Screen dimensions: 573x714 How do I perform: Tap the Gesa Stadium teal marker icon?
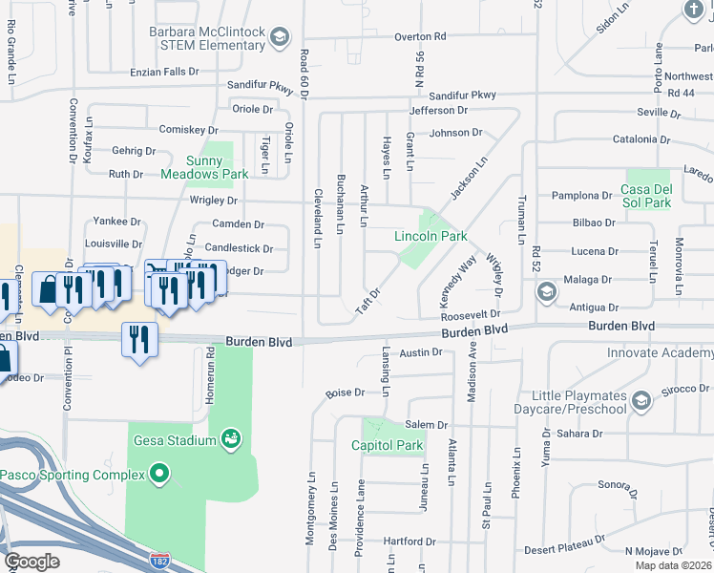pyautogui.click(x=230, y=439)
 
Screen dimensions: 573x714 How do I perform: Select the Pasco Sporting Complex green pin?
pyautogui.click(x=159, y=475)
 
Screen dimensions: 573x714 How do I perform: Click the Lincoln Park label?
pyautogui.click(x=430, y=236)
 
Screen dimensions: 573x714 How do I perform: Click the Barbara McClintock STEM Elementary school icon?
pyautogui.click(x=279, y=37)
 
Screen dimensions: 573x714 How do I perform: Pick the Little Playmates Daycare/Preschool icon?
pyautogui.click(x=641, y=398)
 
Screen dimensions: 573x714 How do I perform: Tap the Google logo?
pyautogui.click(x=32, y=562)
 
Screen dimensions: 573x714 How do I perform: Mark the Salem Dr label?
pyautogui.click(x=427, y=425)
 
